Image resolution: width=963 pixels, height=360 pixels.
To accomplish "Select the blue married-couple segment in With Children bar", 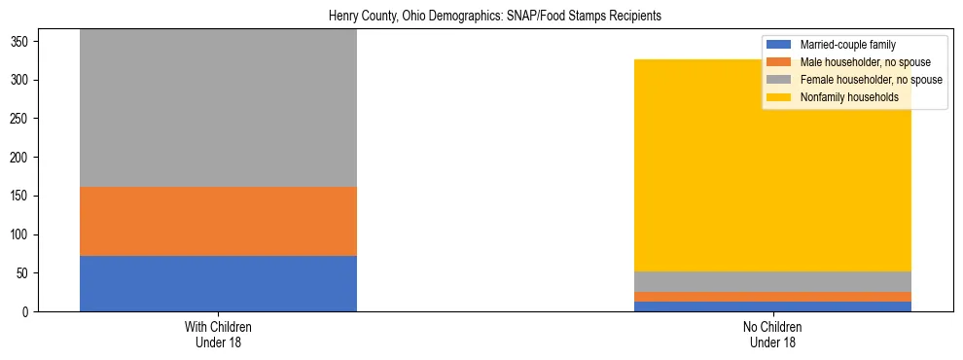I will pos(218,283).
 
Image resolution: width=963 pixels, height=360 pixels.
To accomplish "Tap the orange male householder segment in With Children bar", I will pos(218,221).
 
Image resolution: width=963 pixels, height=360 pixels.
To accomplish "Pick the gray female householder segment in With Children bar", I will pos(218,107).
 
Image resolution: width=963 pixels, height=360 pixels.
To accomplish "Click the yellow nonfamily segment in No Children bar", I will pos(772,165).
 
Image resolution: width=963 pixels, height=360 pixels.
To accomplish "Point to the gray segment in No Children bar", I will pos(772,281).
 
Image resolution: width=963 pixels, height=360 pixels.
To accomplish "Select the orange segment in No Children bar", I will pos(772,297).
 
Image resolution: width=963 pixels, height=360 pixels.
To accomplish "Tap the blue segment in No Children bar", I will pos(772,306).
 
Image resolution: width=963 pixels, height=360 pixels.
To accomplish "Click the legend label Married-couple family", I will pos(847,45).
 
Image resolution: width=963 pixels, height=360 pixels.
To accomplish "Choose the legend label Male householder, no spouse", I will pos(858,62).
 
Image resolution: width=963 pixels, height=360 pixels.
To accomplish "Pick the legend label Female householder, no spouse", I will pos(871,80).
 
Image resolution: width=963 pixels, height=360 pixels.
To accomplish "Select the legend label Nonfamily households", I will pos(849,97).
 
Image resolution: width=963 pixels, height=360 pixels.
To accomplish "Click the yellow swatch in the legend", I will pos(779,97).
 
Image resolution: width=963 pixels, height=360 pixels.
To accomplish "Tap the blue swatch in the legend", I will pos(779,45).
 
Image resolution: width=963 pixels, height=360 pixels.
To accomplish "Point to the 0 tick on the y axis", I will pos(29,312).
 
